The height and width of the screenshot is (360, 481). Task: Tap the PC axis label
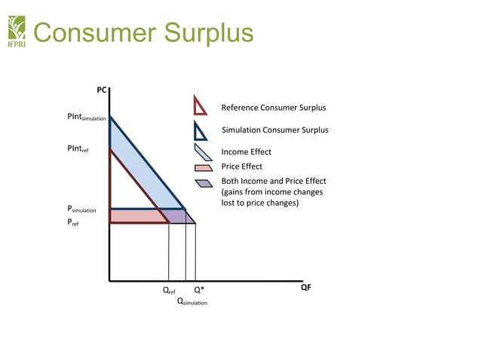coord(102,90)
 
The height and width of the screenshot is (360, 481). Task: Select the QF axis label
coord(305,288)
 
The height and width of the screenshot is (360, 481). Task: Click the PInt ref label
coord(78,149)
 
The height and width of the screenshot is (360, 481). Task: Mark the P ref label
coord(73,224)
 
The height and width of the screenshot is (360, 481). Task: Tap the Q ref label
coord(169,290)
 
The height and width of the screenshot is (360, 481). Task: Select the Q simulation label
coord(191,301)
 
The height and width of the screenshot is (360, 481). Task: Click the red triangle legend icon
coord(200,106)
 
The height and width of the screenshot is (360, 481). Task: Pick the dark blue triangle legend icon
coord(200,131)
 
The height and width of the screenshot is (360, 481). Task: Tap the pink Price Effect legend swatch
coord(202,167)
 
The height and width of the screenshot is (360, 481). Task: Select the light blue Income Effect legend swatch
coord(202,152)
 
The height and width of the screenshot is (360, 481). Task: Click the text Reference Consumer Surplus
coord(273,108)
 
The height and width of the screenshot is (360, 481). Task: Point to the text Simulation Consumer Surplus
coord(274,130)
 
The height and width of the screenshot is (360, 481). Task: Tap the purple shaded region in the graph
coord(178,216)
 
